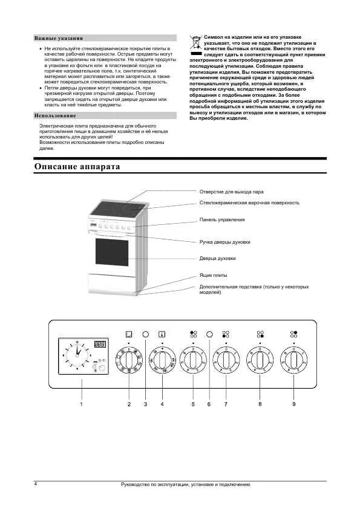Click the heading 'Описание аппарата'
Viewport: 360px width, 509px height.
coord(77,167)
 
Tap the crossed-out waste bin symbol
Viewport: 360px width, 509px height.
coord(195,42)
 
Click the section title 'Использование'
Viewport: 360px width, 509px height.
coord(55,115)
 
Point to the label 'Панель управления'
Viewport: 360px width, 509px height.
coord(222,219)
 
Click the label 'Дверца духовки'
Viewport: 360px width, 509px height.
coord(218,258)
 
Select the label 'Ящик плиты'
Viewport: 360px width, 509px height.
coord(214,275)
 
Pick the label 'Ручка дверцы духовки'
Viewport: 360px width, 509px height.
coord(224,242)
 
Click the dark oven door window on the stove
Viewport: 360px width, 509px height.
coord(111,251)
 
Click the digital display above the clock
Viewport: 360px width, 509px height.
coord(100,345)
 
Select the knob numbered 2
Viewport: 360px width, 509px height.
coord(128,360)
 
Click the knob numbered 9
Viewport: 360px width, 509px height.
coord(294,360)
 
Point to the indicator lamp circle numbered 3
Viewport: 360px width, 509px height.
coord(146,334)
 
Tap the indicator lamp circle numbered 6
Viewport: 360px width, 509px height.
coord(209,334)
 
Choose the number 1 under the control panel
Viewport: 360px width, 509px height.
coord(80,404)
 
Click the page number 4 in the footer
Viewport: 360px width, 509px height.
coord(35,484)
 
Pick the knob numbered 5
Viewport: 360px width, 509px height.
coord(193,360)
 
